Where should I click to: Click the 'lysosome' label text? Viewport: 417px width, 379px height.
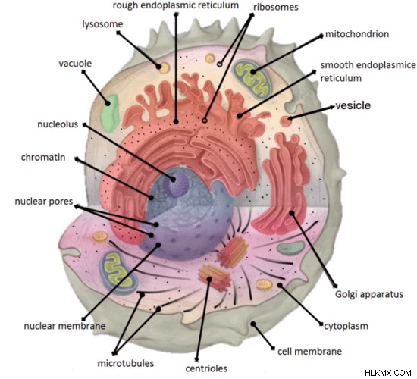click(102, 24)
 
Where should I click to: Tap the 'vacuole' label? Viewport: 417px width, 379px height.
click(75, 64)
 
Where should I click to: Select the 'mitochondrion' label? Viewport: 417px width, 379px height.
click(357, 34)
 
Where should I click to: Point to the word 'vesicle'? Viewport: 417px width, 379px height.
click(353, 105)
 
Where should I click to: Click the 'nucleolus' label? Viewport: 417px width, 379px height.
click(58, 124)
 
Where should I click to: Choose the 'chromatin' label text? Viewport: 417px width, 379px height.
click(43, 157)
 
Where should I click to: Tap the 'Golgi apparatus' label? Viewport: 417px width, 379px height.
click(369, 294)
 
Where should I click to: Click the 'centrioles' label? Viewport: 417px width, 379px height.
click(206, 368)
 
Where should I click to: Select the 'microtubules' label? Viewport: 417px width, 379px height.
click(126, 363)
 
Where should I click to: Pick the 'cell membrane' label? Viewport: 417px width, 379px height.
click(309, 352)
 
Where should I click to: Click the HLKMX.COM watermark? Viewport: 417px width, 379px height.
click(388, 373)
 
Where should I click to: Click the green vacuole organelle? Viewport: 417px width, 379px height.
click(110, 113)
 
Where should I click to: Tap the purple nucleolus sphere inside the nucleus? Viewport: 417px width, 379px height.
click(176, 183)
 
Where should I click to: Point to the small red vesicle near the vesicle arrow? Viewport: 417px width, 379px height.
click(285, 121)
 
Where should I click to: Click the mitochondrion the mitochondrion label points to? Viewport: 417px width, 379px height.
click(252, 79)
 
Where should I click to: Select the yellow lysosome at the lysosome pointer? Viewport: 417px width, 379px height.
click(164, 67)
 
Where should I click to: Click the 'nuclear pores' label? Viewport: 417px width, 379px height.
click(44, 202)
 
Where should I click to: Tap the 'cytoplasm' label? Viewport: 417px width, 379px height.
click(346, 326)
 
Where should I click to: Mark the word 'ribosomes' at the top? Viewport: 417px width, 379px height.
click(276, 7)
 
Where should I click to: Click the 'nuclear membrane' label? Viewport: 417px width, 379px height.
click(64, 326)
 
